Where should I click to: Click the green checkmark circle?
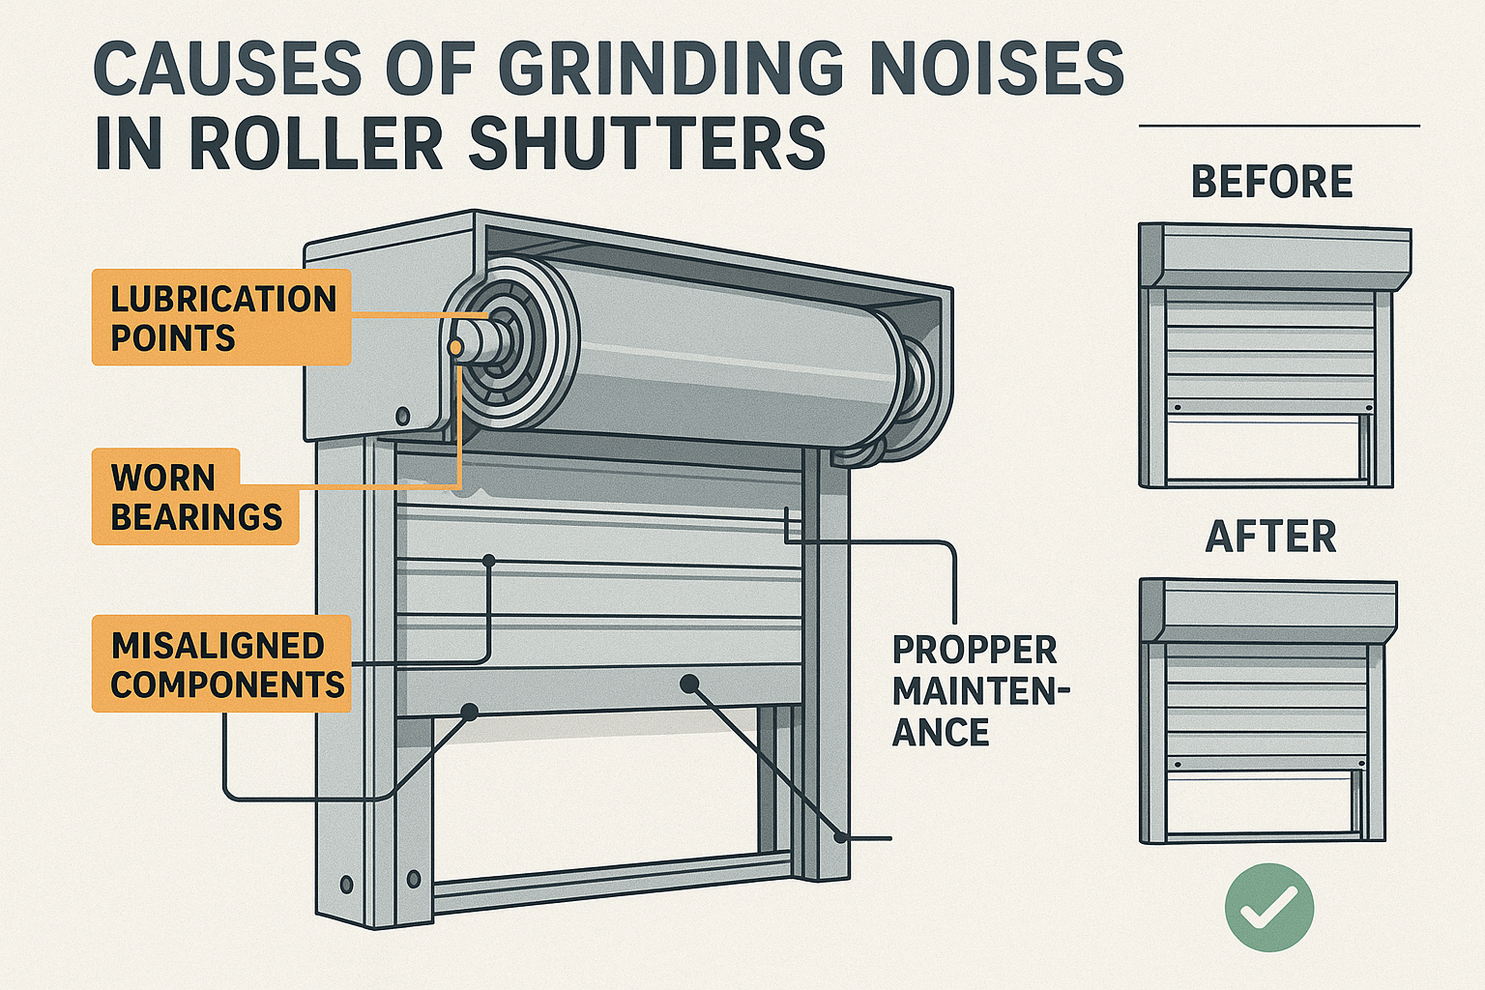[x=1268, y=908]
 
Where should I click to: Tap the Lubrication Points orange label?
[x=221, y=317]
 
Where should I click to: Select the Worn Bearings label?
[x=196, y=497]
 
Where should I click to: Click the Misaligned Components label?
[x=221, y=664]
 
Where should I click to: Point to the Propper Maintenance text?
[x=975, y=690]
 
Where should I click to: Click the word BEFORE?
[x=1271, y=182]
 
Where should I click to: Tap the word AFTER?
[x=1270, y=537]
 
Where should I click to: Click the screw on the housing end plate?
[x=403, y=417]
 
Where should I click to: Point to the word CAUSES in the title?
[x=230, y=70]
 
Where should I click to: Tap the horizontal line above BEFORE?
[x=1279, y=126]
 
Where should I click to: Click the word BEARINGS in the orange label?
[x=196, y=517]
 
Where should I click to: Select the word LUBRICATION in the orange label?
[x=223, y=299]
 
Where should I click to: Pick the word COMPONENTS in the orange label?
[x=227, y=684]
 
